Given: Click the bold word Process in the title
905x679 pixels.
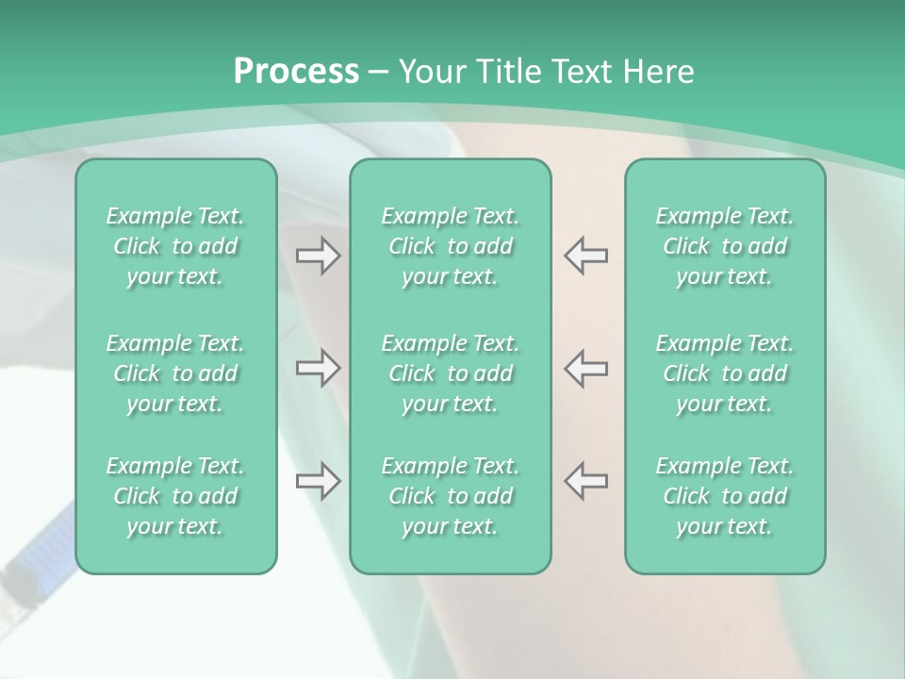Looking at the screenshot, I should click(x=296, y=72).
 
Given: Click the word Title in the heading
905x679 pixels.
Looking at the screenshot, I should click(x=509, y=72).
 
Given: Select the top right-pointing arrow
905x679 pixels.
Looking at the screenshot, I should click(x=319, y=256).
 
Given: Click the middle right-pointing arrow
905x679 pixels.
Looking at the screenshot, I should click(x=319, y=368).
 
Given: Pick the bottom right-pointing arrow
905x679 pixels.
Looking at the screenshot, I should click(x=319, y=481).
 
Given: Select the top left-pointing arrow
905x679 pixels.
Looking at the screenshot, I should click(x=585, y=256).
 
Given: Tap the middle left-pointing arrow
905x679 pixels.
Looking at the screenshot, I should click(x=585, y=368).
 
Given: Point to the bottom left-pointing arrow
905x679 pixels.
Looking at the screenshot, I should click(x=585, y=481).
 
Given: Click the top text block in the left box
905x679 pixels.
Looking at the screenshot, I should click(x=175, y=246).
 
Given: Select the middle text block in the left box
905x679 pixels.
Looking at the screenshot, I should click(x=175, y=373).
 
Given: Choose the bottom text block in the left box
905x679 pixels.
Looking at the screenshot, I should click(x=175, y=496).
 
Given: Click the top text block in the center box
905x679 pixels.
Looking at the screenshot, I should click(x=450, y=246).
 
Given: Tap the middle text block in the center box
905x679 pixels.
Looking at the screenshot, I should click(x=450, y=373).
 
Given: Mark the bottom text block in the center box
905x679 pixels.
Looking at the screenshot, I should click(x=450, y=496).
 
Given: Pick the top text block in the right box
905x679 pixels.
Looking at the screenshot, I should click(x=724, y=246).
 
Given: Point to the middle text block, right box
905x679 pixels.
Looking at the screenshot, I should click(x=724, y=373).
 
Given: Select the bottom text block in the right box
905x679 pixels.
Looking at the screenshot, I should click(x=724, y=496).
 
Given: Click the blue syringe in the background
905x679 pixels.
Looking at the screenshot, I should click(x=38, y=556).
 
